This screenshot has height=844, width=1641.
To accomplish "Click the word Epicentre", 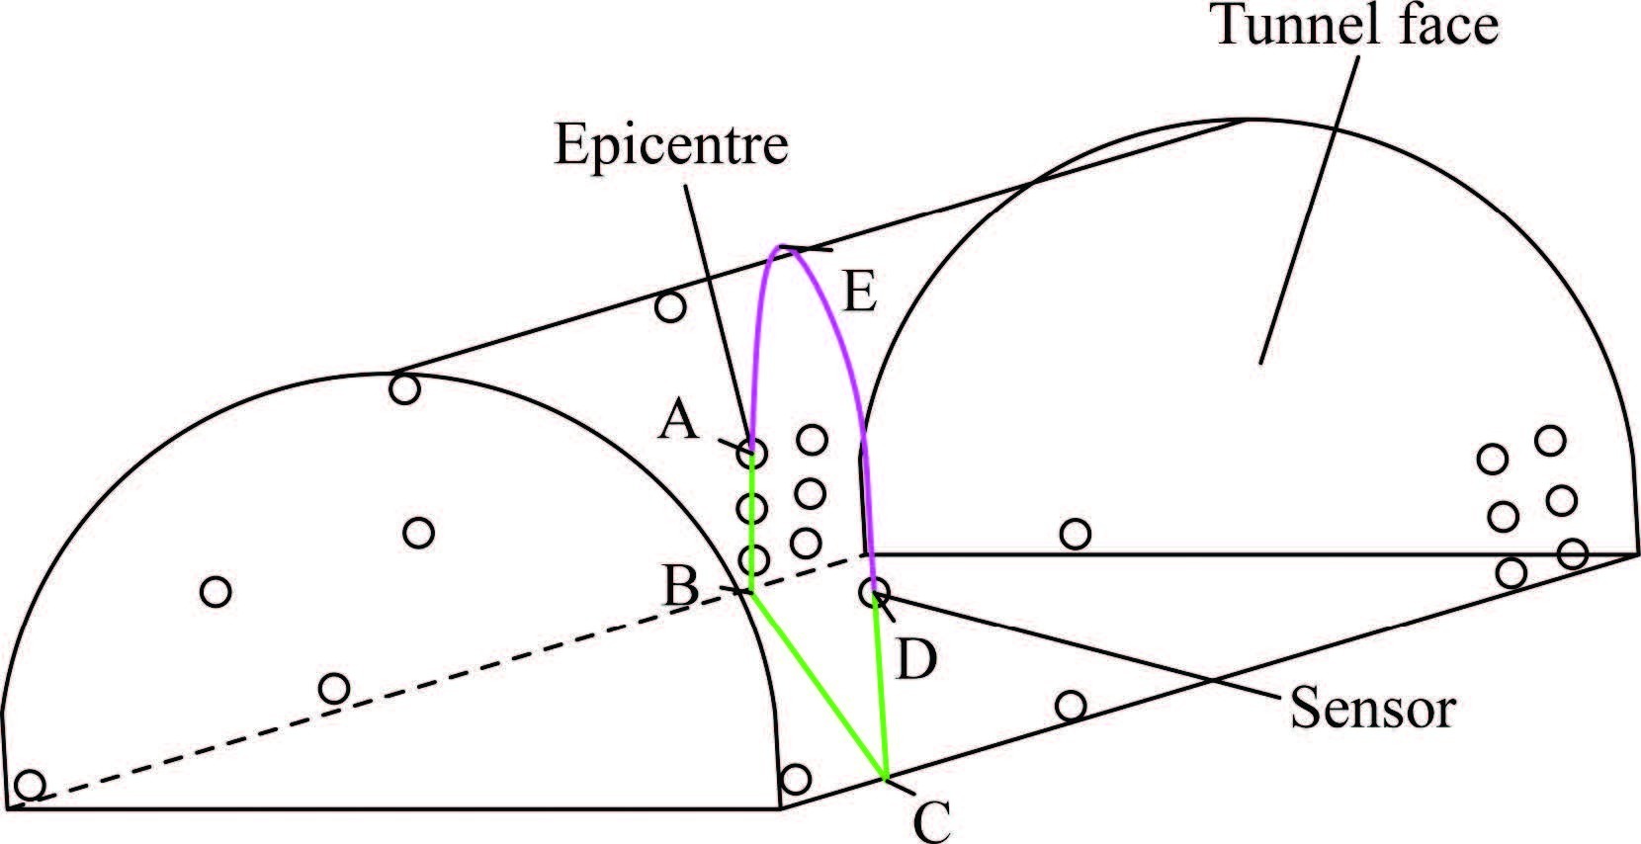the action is click(671, 145).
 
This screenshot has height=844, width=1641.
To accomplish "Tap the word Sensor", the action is click(1373, 709).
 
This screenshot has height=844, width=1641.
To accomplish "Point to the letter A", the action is click(680, 422).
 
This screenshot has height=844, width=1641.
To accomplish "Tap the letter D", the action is click(915, 660).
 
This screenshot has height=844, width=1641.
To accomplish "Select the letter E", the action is click(859, 294).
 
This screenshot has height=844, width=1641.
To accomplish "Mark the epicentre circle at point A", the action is click(751, 454).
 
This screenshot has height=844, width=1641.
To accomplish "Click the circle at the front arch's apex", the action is click(404, 388).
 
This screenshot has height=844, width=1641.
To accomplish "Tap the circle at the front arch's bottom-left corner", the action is click(31, 785).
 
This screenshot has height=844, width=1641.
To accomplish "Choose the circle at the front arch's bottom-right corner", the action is click(796, 779).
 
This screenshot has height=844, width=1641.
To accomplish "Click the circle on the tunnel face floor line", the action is click(1075, 535).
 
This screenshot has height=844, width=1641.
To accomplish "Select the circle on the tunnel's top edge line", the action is click(670, 307).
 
